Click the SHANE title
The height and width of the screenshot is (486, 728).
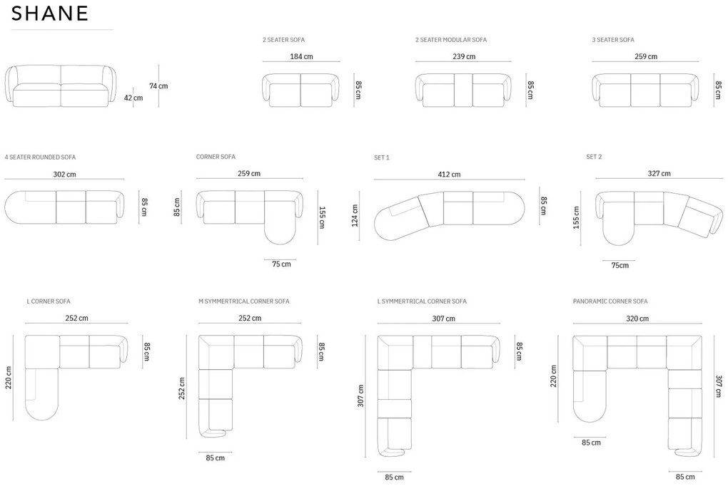tap(50, 14)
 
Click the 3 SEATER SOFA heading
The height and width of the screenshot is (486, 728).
tap(612, 40)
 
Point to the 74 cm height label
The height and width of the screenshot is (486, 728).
tap(158, 86)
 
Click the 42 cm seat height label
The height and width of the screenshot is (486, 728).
tap(133, 98)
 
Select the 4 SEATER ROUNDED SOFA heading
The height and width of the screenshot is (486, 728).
tap(40, 157)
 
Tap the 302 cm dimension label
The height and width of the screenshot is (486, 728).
tap(64, 173)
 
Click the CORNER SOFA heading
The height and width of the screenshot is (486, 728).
tap(216, 157)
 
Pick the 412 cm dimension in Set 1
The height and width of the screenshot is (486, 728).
tap(450, 174)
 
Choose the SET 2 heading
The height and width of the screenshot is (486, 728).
tap(594, 157)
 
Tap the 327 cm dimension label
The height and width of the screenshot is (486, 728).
tap(659, 173)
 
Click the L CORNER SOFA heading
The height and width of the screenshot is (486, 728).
tap(49, 301)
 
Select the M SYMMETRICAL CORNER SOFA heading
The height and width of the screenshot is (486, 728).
tap(243, 301)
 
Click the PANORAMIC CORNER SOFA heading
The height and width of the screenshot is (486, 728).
tap(610, 301)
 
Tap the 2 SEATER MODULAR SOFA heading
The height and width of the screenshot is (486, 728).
tap(450, 40)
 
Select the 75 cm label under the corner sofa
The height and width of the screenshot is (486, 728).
tap(281, 264)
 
